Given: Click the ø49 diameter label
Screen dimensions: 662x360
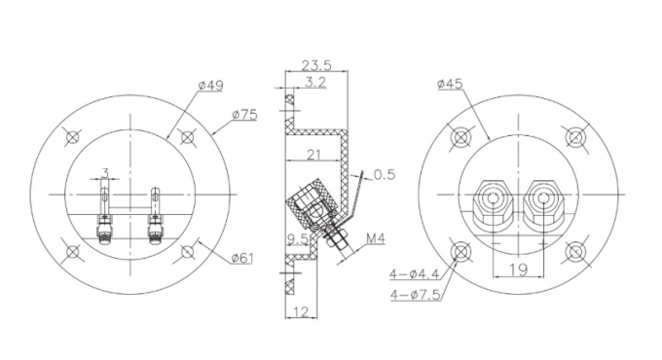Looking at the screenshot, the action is pyautogui.click(x=210, y=86).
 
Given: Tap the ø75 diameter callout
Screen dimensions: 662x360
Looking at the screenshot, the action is pyautogui.click(x=244, y=115).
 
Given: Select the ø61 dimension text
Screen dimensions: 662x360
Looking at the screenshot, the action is pyautogui.click(x=242, y=258).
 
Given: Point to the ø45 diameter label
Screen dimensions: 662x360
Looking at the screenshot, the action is pyautogui.click(x=450, y=84).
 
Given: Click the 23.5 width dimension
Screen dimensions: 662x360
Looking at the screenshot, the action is pyautogui.click(x=316, y=65).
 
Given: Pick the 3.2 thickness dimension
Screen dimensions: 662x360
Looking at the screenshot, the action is pyautogui.click(x=315, y=82).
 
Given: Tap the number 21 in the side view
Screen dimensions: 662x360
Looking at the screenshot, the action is pyautogui.click(x=313, y=155).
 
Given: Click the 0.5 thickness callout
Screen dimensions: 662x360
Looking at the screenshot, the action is pyautogui.click(x=385, y=174).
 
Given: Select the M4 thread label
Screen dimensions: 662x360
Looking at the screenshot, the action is pyautogui.click(x=376, y=239).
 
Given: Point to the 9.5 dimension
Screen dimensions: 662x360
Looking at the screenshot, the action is pyautogui.click(x=298, y=239).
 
